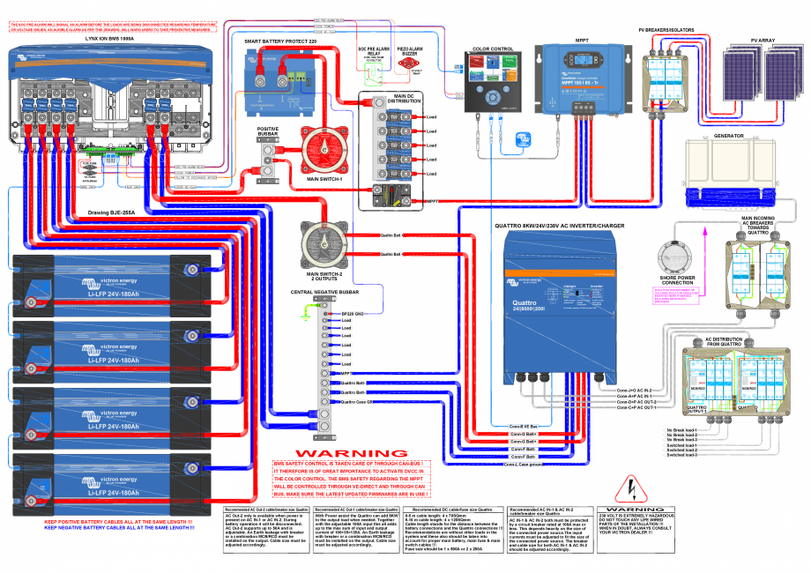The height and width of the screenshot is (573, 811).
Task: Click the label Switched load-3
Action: pyautogui.click(x=682, y=455)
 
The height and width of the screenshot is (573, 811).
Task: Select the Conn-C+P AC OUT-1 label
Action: pyautogui.click(x=636, y=408)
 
